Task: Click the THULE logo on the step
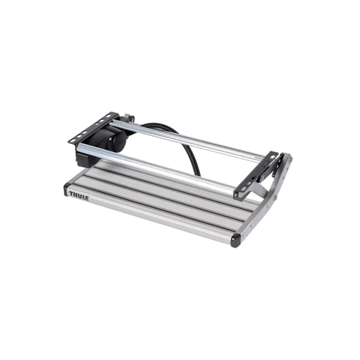(x=79, y=195)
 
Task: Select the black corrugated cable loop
(x=180, y=144)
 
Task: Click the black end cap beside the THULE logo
(x=67, y=189)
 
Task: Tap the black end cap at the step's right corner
(x=236, y=240)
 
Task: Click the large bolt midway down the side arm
(x=275, y=197)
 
